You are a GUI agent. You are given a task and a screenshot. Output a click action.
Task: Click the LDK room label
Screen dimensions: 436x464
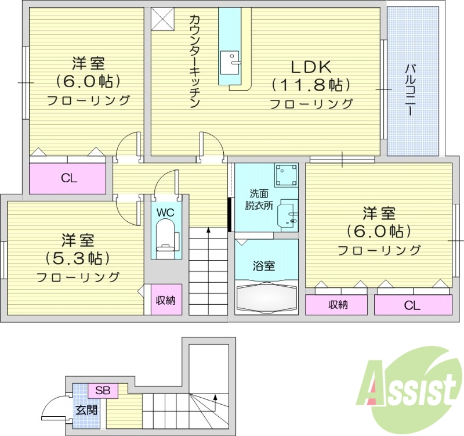(311, 66)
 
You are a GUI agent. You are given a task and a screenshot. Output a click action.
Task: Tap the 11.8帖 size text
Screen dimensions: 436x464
(311, 85)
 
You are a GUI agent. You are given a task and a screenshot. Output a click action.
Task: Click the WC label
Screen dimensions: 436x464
(166, 212)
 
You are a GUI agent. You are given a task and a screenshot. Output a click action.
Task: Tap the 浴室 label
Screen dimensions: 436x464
(264, 266)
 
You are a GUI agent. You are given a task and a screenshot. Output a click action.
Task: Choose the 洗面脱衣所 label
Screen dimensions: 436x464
(259, 199)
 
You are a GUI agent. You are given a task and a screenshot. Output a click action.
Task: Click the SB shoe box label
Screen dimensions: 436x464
(103, 390)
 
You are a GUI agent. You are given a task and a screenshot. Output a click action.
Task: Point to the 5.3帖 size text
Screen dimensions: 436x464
(78, 258)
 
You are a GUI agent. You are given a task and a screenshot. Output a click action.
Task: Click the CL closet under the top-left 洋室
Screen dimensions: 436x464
(69, 178)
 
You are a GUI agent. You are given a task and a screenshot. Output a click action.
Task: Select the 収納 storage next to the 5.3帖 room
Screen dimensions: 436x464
(165, 300)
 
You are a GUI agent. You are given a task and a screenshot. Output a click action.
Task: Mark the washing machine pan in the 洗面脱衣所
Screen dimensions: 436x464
(286, 174)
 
